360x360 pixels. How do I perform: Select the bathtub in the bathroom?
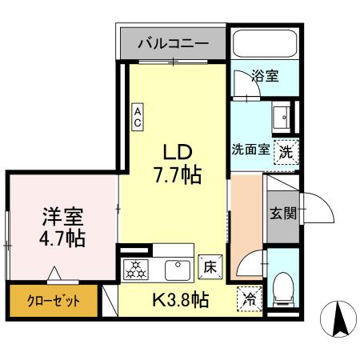[263, 47]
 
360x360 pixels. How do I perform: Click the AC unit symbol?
[138, 117]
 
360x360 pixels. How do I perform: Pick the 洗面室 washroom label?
[251, 150]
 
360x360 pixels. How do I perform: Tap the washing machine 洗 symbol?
[285, 150]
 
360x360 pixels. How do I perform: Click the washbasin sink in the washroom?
[283, 118]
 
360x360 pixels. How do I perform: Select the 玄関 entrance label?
[282, 214]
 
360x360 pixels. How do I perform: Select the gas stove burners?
[135, 269]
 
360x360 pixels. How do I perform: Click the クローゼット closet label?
[45, 302]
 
